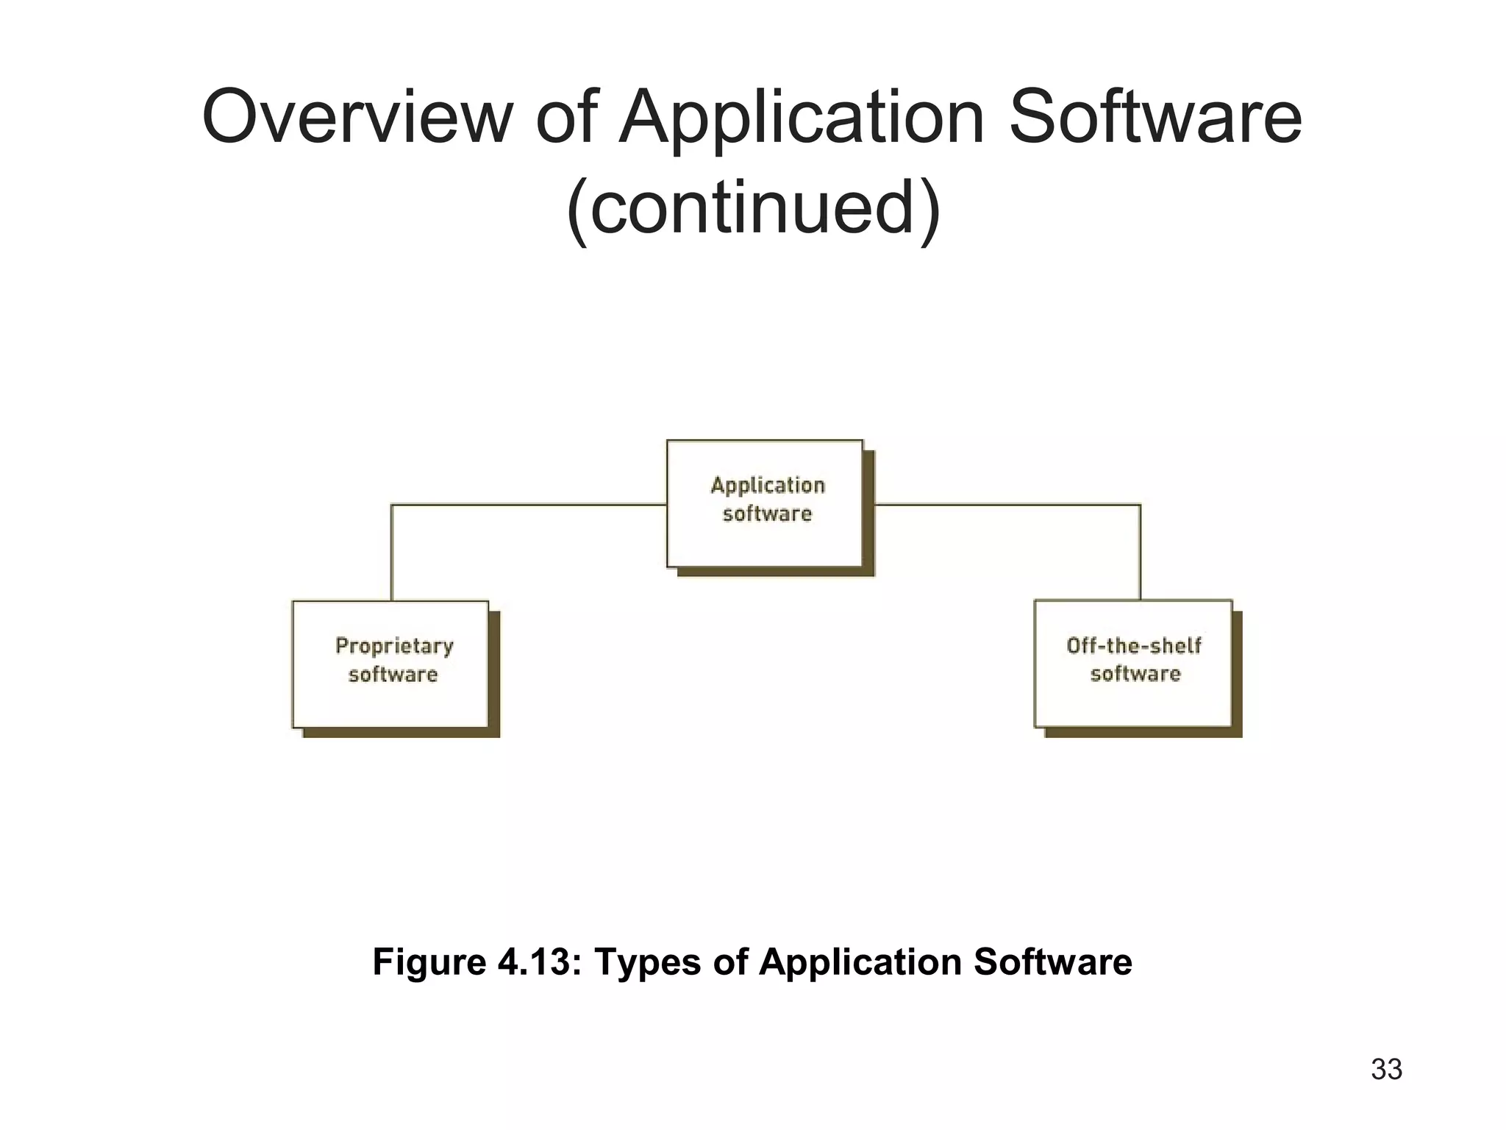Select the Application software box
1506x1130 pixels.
[765, 503]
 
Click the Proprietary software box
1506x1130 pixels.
[390, 664]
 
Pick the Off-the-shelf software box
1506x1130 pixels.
[1132, 663]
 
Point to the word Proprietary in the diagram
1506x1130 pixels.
[394, 646]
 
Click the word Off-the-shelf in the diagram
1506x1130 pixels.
[1133, 646]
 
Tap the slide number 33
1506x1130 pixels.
[1386, 1069]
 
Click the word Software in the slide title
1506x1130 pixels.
[1155, 118]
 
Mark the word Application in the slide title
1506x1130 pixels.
[802, 118]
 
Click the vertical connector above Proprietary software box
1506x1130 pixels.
[391, 552]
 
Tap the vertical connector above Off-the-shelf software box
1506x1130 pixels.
[1141, 552]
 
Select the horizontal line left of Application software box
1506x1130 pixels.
[529, 505]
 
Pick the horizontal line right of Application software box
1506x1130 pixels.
[1007, 505]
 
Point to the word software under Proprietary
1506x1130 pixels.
[393, 675]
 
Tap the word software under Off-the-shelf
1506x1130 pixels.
[1135, 674]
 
